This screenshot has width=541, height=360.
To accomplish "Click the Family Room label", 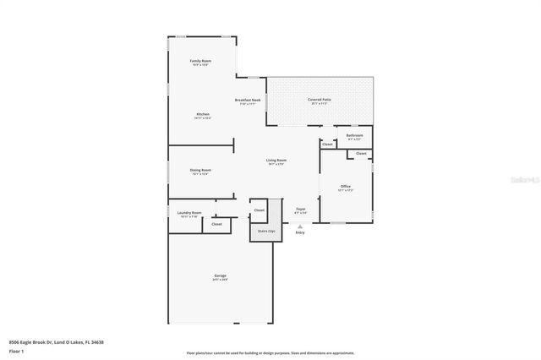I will pos(200,62).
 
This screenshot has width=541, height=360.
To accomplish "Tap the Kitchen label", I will pos(203,114).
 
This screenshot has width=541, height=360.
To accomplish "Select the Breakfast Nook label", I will pos(248,101).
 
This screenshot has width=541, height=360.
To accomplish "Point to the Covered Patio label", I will pos(319,101).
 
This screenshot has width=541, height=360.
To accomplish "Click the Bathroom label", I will pos(355,135).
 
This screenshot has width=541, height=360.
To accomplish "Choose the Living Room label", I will pos(276,161).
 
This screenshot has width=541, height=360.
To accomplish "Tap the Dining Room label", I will pos(200,170).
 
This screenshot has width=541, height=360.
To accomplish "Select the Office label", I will pos(346,186).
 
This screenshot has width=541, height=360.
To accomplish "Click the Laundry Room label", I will pos(190,213).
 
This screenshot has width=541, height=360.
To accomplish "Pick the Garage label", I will pos(220,276).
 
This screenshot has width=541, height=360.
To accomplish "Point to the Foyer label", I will pos(300,210).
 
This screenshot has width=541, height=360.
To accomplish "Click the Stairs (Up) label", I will pos(266,230).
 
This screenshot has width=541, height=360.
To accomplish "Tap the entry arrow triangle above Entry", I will pos(300,226).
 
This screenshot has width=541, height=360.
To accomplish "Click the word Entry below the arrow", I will pos(300,233).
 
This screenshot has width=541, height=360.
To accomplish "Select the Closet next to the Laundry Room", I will pos(216,224).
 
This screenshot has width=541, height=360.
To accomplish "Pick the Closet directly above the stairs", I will pos(260,210).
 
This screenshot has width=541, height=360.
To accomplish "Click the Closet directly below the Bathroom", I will pos(361,153).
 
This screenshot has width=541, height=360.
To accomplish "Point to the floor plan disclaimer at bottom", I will pos(270,353).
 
